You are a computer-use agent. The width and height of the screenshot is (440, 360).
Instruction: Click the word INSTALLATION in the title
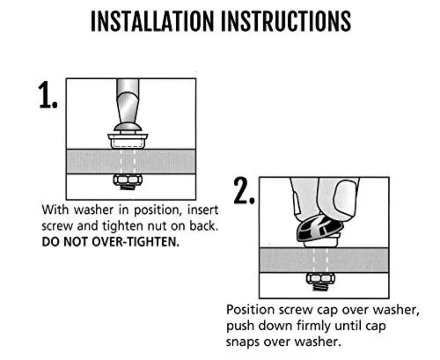tap(152, 22)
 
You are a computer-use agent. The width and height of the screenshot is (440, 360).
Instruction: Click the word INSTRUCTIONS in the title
tap(286, 22)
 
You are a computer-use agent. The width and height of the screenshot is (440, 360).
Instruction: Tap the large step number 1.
tap(48, 95)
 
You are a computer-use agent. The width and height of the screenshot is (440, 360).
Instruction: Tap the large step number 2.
tap(244, 191)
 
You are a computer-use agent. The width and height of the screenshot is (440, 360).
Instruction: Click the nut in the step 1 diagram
tap(128, 179)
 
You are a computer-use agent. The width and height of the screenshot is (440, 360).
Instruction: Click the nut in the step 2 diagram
tap(320, 278)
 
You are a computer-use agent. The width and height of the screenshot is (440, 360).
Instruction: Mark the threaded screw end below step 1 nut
tap(128, 187)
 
